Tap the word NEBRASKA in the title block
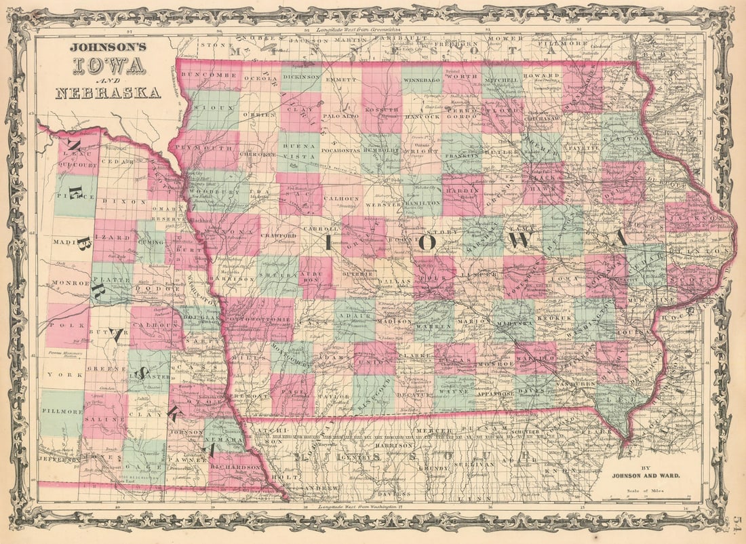[109, 93]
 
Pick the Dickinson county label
[301, 77]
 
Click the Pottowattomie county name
[259, 317]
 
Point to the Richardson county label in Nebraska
[235, 467]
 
